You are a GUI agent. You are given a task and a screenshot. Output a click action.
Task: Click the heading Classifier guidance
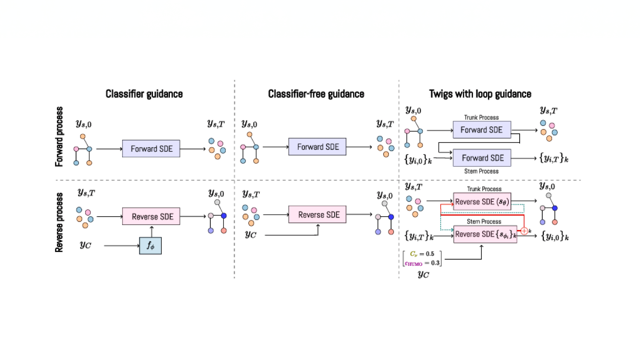[x=144, y=94]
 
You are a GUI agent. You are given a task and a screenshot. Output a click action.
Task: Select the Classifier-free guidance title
[x=316, y=94]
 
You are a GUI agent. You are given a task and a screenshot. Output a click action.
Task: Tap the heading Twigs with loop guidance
[x=480, y=94]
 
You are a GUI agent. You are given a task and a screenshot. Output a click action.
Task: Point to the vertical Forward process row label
[x=59, y=136]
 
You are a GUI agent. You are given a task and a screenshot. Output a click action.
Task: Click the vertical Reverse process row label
[x=59, y=222]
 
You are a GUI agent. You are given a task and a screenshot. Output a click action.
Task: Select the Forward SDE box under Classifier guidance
[x=151, y=149]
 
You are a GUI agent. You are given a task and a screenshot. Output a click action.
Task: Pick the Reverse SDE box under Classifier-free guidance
[x=318, y=215]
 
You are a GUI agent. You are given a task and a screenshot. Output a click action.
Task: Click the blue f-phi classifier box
[x=150, y=246]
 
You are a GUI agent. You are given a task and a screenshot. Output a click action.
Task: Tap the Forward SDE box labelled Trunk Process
[x=481, y=130]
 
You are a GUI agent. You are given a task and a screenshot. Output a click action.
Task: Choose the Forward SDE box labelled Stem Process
[x=482, y=158]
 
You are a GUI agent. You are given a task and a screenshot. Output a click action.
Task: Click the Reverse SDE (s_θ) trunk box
[x=482, y=201]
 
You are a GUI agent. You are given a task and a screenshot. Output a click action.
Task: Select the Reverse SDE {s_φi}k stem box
[x=485, y=234]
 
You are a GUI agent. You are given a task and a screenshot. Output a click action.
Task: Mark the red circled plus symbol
[x=524, y=231]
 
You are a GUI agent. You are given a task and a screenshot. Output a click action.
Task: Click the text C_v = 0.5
[x=422, y=254]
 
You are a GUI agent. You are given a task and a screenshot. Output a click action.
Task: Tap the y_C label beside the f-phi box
[x=86, y=245]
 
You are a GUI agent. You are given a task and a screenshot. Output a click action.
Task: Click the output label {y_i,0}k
[x=554, y=236]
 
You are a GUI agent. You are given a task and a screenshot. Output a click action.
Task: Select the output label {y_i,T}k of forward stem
[x=554, y=158]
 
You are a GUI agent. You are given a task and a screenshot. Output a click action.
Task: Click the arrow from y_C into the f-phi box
[x=122, y=246]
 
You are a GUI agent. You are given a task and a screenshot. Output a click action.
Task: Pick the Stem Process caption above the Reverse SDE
[x=484, y=221]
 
